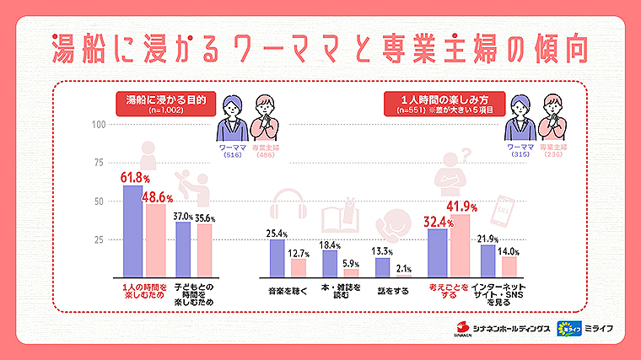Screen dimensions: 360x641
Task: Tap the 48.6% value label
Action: point(158,198)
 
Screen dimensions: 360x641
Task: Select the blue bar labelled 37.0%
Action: point(183,250)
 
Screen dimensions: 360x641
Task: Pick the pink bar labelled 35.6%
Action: point(205,250)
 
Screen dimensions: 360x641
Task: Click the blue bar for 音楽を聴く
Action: point(277,258)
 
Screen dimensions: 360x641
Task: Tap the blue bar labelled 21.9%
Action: point(487,261)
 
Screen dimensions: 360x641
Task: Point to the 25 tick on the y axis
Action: point(100,239)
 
